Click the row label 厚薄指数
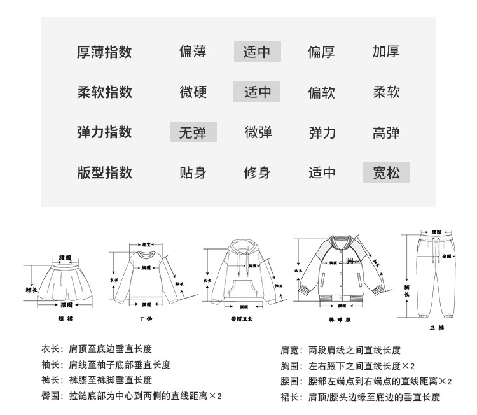(104, 52)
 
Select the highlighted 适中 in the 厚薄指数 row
(257, 52)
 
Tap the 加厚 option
(386, 52)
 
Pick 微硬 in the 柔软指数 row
(193, 92)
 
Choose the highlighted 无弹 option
(193, 132)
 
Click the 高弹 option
(386, 132)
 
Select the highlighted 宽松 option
(386, 172)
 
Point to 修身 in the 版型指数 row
(257, 172)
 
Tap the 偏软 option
(321, 92)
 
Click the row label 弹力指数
(104, 132)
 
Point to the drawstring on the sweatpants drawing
(436, 252)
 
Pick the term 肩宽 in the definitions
(289, 350)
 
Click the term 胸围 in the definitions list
(289, 366)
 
